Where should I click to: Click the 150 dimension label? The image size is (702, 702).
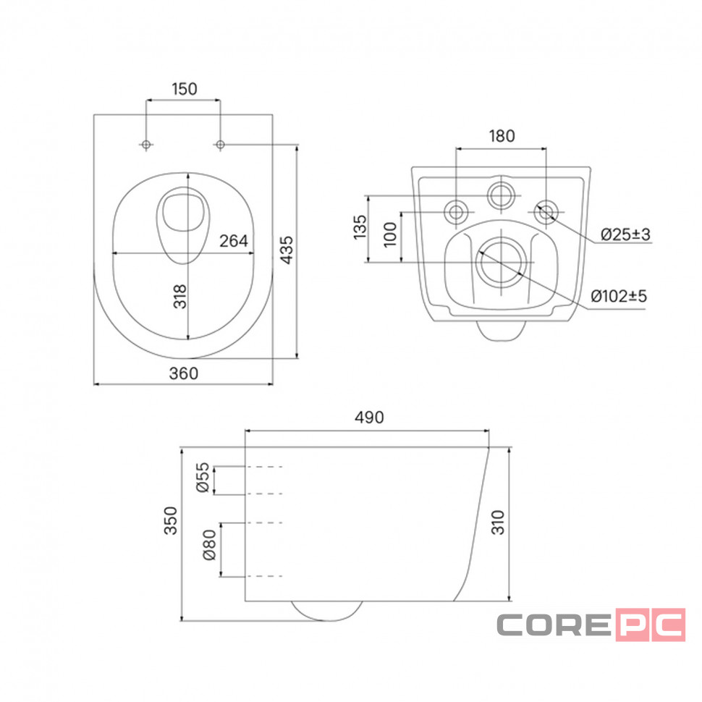coord(185,89)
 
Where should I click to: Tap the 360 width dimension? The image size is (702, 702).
coord(184,373)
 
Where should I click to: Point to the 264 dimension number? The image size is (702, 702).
coord(233,241)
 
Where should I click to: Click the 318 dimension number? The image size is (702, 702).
coord(180,297)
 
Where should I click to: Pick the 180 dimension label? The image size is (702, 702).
coord(502,135)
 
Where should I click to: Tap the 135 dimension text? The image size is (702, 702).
coord(360,227)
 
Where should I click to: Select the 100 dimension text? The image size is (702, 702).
coord(390,234)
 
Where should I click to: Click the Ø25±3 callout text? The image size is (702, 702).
coord(625,234)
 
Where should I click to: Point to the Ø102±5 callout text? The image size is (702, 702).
coord(619,296)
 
